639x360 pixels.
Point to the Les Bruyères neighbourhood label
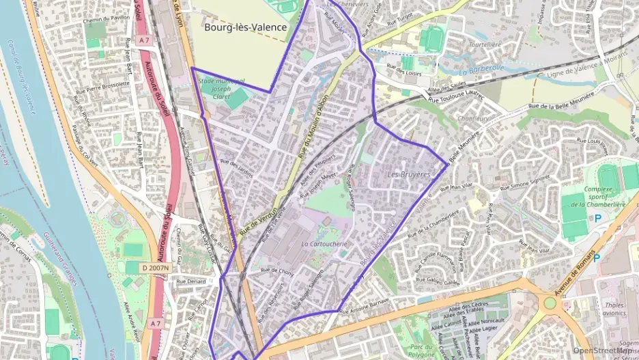click(x=409, y=175)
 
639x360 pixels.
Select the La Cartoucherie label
click(x=324, y=243)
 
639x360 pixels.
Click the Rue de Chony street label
click(x=276, y=271)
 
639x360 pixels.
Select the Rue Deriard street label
click(x=190, y=280)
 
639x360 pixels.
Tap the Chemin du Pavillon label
click(x=106, y=20)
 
